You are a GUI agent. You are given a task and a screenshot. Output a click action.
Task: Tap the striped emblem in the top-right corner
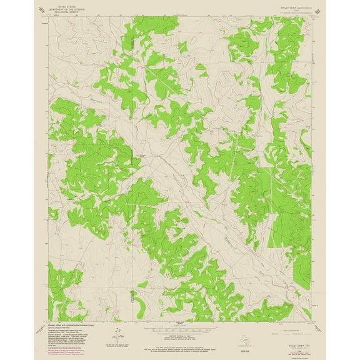pos(319,10)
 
